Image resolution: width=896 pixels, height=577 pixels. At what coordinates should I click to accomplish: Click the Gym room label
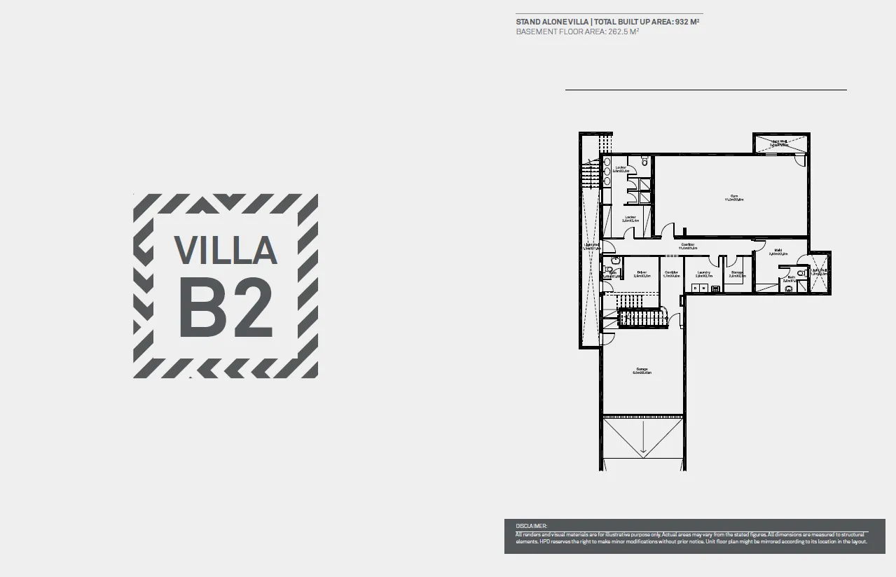(734, 197)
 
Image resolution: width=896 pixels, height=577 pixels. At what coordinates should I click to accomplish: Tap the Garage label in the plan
(642, 370)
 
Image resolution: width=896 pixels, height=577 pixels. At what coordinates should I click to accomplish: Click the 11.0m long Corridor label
(687, 245)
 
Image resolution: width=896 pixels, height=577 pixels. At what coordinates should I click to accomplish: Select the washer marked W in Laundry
(703, 288)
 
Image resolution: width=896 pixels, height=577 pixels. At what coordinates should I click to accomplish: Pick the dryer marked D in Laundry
(695, 288)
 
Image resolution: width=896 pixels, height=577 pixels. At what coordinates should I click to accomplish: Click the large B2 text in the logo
(226, 307)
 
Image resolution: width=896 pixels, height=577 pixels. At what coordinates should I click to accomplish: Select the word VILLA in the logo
(226, 251)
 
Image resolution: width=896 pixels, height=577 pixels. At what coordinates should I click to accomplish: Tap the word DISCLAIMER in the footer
(531, 525)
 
